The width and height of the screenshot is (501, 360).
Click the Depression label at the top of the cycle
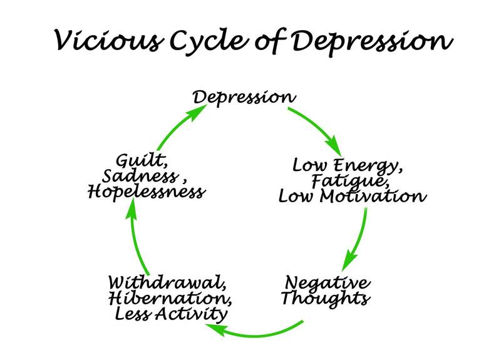point(244,98)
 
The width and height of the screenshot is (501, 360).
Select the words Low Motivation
point(353,197)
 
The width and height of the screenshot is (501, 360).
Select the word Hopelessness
point(147,192)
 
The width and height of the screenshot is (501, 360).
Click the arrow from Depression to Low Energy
point(319,128)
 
